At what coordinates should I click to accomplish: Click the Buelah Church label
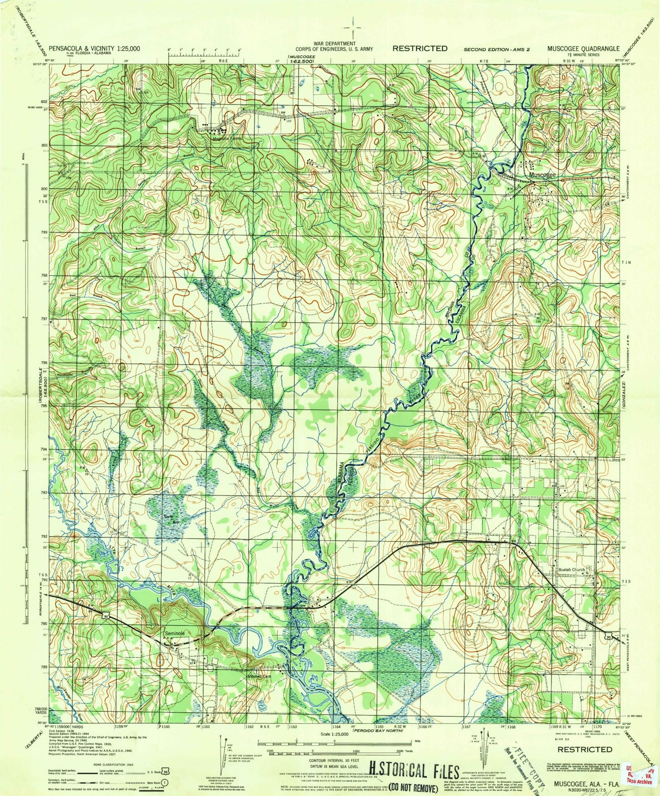[x=571, y=569]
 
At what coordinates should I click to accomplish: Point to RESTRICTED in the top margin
[x=420, y=48]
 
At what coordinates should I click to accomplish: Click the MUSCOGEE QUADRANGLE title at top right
[x=583, y=48]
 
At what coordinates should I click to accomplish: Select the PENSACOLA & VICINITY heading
[x=95, y=48]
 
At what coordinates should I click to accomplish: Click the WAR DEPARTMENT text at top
[x=335, y=44]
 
